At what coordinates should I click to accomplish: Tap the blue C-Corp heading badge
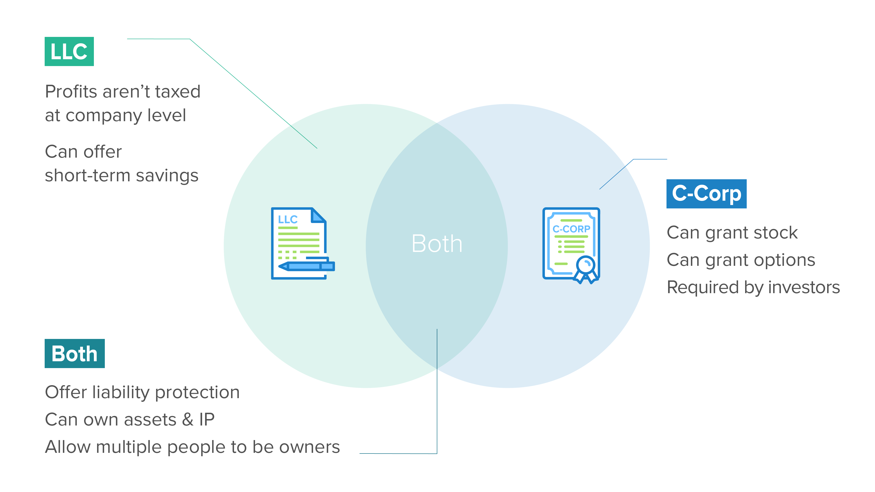coord(706,194)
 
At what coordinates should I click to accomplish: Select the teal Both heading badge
coord(74,354)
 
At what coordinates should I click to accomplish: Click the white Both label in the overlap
coord(437,243)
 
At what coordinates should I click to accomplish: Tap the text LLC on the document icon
coord(288,219)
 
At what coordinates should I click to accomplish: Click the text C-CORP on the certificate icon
coord(571,229)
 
